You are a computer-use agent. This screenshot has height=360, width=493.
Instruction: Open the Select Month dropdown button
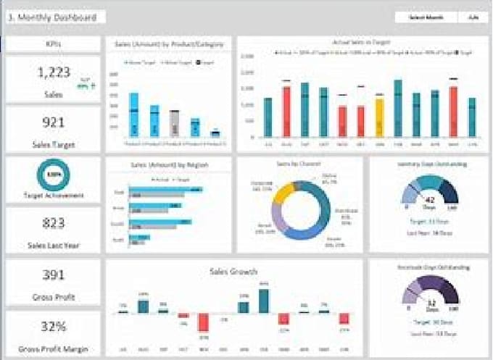426,17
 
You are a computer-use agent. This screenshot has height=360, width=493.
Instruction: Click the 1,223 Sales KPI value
52,72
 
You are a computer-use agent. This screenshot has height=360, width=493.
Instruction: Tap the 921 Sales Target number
52,122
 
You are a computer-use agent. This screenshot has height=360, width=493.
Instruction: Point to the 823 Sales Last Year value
52,224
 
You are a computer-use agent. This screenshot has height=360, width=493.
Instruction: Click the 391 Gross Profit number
52,275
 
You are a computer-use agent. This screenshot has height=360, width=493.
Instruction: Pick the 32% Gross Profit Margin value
52,327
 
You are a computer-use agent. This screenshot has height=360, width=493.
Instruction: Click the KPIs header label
52,44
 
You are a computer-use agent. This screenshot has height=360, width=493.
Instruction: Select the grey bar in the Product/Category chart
175,124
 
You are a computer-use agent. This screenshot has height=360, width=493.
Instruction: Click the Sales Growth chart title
233,272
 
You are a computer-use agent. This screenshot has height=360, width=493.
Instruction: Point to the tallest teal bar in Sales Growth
264,301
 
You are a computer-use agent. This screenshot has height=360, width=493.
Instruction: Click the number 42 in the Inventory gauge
429,199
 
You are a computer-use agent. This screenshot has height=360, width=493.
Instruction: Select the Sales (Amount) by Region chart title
168,166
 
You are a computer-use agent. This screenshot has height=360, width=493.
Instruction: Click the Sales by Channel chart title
299,165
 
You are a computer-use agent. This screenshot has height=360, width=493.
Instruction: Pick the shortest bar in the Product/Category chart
215,133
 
